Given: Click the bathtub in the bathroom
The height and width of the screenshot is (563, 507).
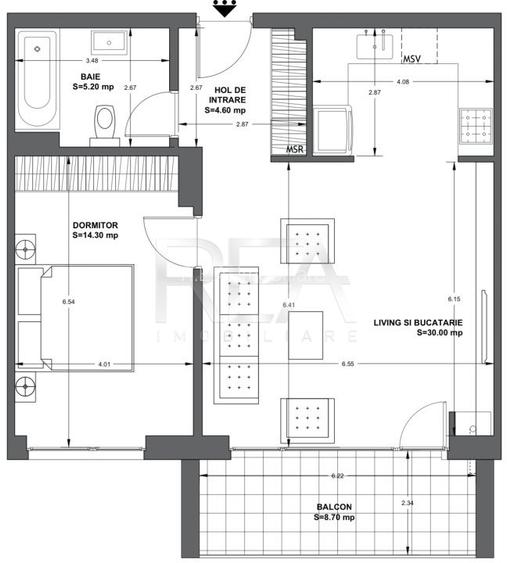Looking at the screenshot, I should [39, 74].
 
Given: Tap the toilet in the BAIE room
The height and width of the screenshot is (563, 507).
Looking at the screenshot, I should [103, 122].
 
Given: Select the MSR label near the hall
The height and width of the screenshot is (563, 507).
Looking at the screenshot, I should [295, 149].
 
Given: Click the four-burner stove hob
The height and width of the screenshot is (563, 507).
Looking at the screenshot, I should [471, 126].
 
